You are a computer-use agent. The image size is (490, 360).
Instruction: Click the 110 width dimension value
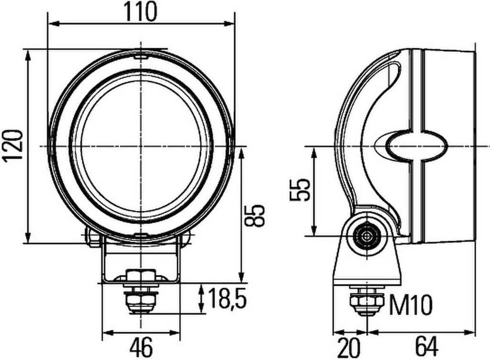click(x=140, y=12)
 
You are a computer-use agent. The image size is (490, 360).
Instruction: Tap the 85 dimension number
click(x=255, y=216)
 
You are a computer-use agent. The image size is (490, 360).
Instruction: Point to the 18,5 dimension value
click(x=227, y=298)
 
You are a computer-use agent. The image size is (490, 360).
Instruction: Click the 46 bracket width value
click(x=141, y=347)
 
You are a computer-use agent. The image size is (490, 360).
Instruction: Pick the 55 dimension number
click(x=300, y=190)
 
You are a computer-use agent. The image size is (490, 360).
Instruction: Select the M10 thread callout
click(x=411, y=305)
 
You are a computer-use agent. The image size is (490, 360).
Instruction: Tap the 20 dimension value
click(x=349, y=347)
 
